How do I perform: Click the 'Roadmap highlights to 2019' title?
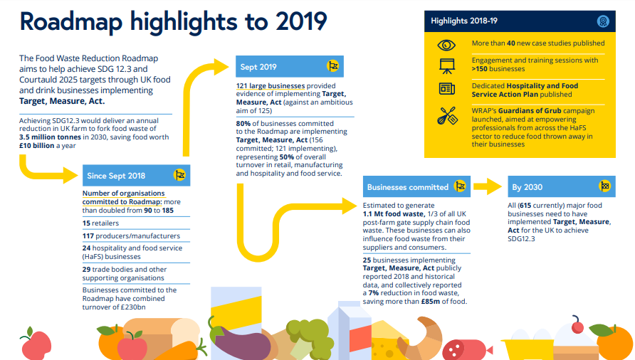pyautogui.click(x=174, y=21)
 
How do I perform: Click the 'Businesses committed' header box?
pyautogui.click(x=416, y=187)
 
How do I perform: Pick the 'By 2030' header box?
pyautogui.click(x=561, y=187)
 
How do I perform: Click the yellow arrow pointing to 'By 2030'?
pyautogui.click(x=488, y=187)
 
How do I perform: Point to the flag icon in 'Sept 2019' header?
pyautogui.click(x=332, y=67)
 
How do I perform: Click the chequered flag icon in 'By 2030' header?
pyautogui.click(x=604, y=187)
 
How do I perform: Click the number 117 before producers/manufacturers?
pyautogui.click(x=88, y=235)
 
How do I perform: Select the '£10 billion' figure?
pyautogui.click(x=37, y=146)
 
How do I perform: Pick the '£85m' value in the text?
pyautogui.click(x=431, y=302)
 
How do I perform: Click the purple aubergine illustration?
pyautogui.click(x=238, y=339)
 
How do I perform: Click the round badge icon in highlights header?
pyautogui.click(x=604, y=21)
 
